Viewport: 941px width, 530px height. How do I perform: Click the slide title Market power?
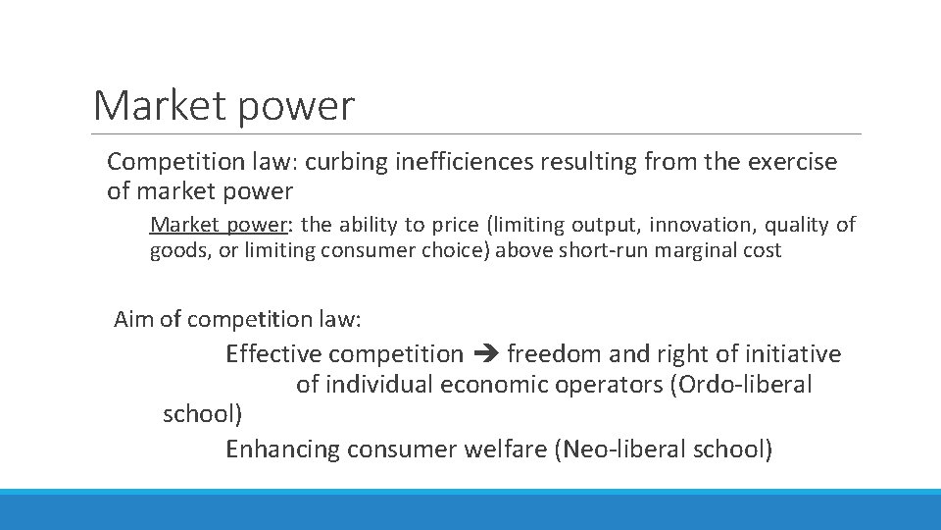[x=223, y=105]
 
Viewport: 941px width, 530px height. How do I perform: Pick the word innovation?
[x=676, y=225]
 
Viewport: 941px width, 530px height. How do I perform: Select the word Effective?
[x=273, y=353]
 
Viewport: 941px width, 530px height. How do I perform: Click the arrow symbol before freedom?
[x=485, y=353]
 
